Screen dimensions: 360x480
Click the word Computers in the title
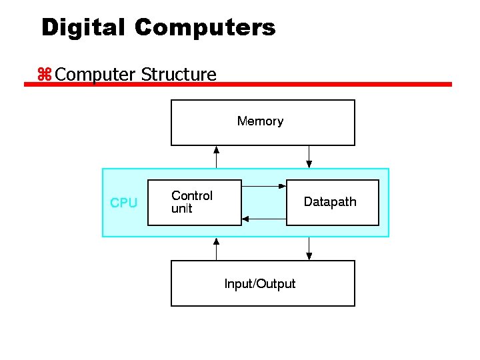(x=205, y=27)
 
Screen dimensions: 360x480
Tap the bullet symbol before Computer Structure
(x=45, y=75)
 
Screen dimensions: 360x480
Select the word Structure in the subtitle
(x=179, y=74)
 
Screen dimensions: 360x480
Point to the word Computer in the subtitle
(x=96, y=75)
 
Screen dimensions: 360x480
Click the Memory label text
(x=260, y=121)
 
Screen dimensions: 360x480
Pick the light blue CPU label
(x=123, y=203)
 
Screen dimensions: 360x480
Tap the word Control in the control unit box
(x=192, y=195)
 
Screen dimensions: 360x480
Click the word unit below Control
(x=181, y=209)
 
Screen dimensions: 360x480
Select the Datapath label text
(x=330, y=202)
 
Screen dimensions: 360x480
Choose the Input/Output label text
(x=260, y=284)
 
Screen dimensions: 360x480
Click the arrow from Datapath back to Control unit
(x=264, y=218)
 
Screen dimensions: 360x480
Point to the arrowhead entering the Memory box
(x=216, y=149)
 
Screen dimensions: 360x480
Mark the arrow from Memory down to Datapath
(x=309, y=157)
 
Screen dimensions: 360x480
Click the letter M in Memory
(x=242, y=121)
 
